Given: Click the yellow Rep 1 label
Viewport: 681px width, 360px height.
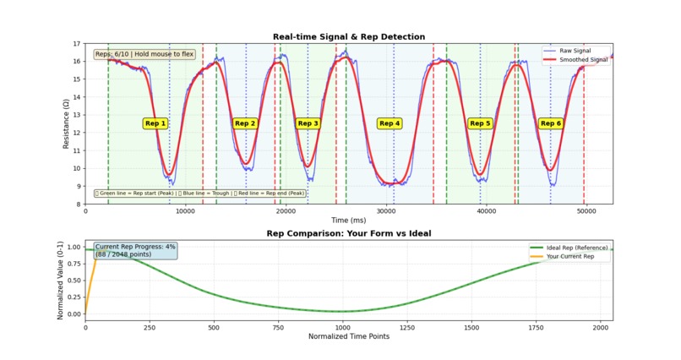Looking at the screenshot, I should click(155, 123).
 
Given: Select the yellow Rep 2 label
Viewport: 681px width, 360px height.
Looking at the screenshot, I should click(245, 123).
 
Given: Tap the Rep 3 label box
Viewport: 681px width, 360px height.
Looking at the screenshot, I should click(308, 123).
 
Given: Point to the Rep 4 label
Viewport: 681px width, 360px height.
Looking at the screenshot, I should click(390, 123).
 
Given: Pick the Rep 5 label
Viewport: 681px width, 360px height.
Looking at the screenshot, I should click(480, 123).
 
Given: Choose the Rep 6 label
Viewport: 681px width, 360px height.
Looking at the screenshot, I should click(551, 123).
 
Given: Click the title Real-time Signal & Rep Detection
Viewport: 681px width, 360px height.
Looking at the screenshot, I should click(348, 37).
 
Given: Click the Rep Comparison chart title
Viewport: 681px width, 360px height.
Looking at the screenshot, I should click(348, 232).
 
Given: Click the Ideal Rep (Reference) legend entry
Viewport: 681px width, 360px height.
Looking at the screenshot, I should click(577, 247).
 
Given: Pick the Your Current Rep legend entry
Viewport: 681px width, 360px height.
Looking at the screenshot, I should click(576, 256).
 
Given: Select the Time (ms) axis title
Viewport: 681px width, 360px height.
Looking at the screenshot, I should click(348, 220).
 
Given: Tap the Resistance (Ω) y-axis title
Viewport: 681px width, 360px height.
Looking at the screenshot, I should click(65, 123).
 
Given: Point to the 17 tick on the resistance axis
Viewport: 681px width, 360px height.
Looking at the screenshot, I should click(78, 44).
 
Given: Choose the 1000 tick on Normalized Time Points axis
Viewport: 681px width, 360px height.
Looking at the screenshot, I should click(342, 327).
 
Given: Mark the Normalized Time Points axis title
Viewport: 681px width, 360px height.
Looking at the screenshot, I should click(348, 336).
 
